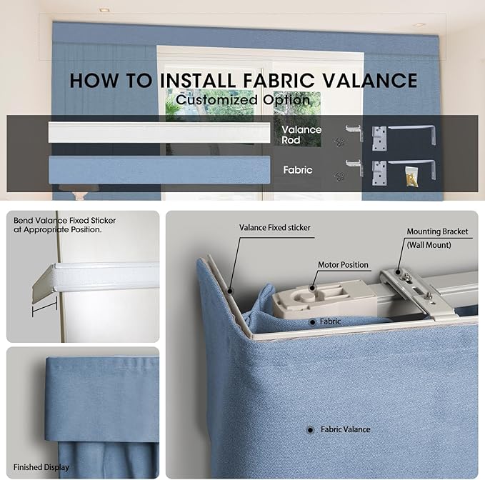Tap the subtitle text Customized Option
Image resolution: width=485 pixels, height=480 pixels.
tap(243, 100)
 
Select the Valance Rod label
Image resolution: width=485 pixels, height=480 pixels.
tap(301, 135)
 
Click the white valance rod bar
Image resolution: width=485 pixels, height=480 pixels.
tap(159, 132)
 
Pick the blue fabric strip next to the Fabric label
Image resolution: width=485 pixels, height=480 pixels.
tap(159, 170)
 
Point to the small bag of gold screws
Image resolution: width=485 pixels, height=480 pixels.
tap(411, 177)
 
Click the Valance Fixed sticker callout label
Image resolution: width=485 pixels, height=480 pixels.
tap(275, 228)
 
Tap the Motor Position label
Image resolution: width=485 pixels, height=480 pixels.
tap(343, 265)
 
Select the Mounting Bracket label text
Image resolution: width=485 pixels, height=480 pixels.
tap(437, 231)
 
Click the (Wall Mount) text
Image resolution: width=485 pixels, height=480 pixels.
tap(429, 245)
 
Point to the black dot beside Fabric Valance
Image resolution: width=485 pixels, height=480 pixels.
tap(310, 429)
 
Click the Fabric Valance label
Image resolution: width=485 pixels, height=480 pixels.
tap(346, 429)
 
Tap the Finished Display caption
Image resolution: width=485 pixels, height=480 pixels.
tap(41, 467)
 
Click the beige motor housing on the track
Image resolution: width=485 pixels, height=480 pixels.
tap(325, 299)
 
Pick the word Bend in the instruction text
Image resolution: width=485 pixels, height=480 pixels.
tap(23, 221)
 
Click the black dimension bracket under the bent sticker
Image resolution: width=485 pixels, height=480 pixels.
tap(44, 307)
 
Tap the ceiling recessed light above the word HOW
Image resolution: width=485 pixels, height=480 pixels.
tap(104, 10)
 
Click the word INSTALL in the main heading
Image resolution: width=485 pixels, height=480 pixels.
tap(198, 81)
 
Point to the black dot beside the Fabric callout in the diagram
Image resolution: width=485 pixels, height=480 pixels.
tap(312, 322)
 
